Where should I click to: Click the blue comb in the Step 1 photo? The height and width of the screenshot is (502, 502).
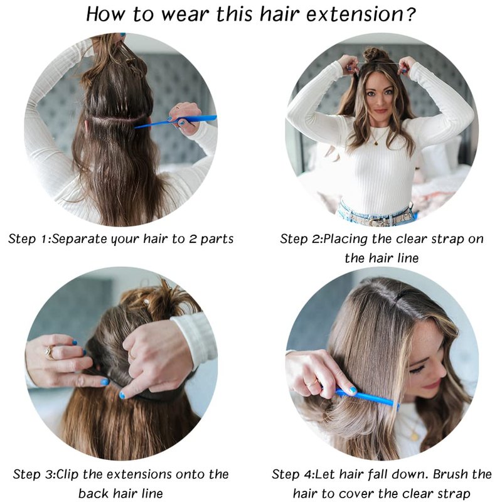[176, 121]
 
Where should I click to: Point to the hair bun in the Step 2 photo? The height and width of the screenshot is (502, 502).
[375, 55]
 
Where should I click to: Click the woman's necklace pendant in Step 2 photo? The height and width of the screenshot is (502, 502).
[375, 143]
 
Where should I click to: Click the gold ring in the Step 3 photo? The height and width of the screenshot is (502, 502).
[50, 352]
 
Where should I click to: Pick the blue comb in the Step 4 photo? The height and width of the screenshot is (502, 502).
[367, 398]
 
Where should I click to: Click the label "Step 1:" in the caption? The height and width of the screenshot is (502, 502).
[29, 239]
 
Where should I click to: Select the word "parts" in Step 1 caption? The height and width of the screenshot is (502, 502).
[217, 240]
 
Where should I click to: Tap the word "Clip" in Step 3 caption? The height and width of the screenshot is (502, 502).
[68, 474]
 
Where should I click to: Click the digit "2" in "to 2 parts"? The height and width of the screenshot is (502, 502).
[193, 239]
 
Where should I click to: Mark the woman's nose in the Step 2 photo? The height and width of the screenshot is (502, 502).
[380, 101]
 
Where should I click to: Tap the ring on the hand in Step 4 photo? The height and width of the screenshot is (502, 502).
[311, 383]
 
